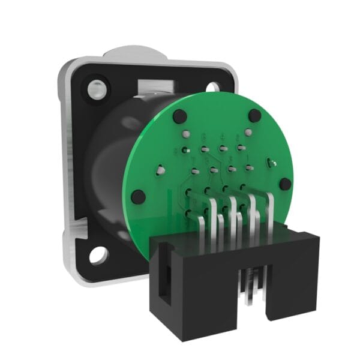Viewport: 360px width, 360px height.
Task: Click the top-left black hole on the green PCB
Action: point(178,116)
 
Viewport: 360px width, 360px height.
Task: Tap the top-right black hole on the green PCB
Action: point(254,115)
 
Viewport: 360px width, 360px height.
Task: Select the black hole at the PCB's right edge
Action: point(285,184)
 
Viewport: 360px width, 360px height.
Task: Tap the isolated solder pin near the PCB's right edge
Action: point(271,163)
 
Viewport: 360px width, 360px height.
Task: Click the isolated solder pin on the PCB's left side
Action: point(161,171)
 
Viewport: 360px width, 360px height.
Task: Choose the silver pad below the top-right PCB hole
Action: point(247,132)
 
